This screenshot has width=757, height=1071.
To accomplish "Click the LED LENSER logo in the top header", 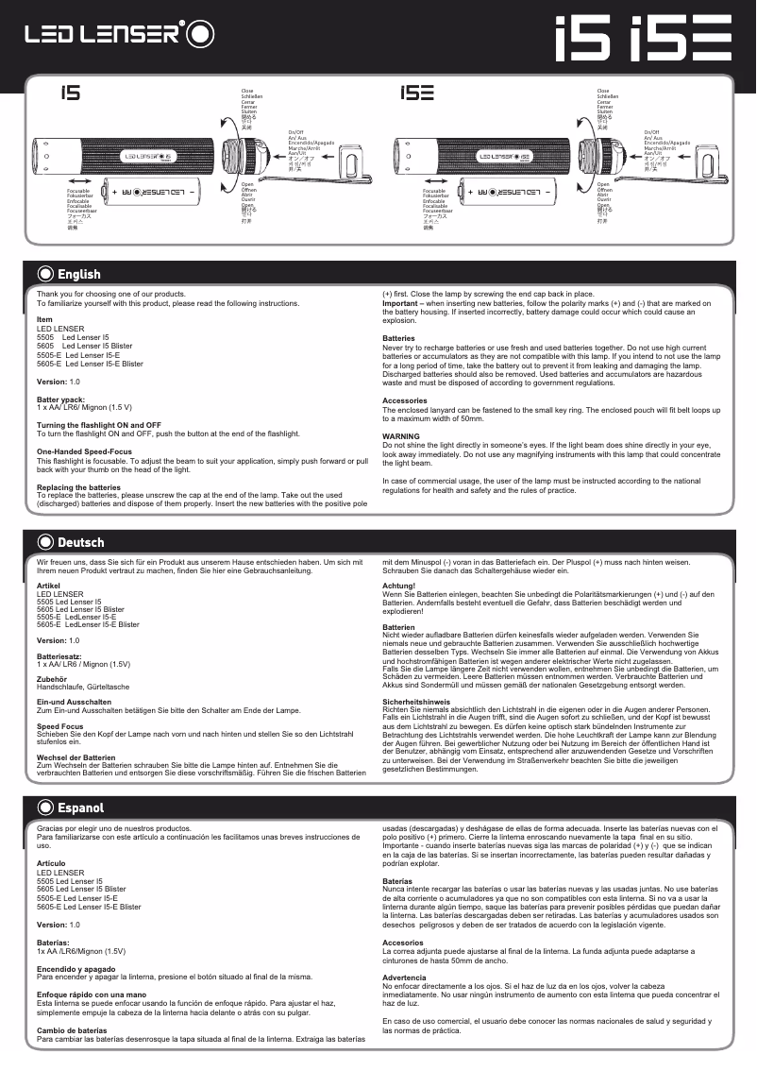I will [119, 35].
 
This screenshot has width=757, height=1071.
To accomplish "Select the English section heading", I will [78, 274].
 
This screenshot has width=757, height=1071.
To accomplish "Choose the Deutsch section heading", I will [80, 542].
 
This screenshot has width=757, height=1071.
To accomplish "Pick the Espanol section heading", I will [80, 808].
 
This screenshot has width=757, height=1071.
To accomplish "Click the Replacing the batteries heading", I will [78, 487].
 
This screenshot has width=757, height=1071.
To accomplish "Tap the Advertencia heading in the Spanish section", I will [404, 977].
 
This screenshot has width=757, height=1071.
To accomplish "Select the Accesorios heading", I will [403, 942].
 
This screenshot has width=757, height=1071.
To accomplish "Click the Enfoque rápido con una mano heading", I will [92, 994].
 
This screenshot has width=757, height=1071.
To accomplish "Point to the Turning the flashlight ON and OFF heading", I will [99, 426].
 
